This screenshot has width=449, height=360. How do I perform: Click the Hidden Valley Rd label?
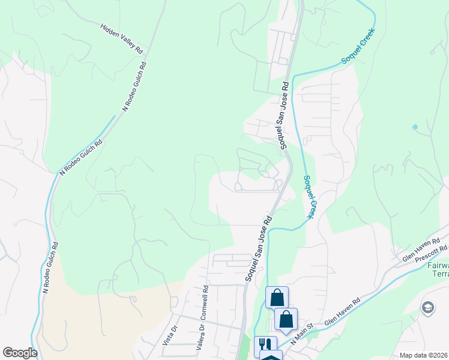point(121,37)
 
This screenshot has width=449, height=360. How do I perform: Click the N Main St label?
point(303,334)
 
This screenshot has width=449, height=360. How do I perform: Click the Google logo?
point(20,353)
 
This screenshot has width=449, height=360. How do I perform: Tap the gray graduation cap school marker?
point(427,308)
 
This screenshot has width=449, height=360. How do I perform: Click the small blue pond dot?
point(414,127)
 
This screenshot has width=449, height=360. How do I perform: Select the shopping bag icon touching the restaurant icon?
point(286,319)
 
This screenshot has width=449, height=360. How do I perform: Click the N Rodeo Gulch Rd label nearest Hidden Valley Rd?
point(134,85)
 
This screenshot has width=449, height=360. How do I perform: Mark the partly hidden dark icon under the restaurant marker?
point(271,357)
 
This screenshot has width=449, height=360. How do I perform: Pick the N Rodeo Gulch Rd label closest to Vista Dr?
point(50,268)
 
